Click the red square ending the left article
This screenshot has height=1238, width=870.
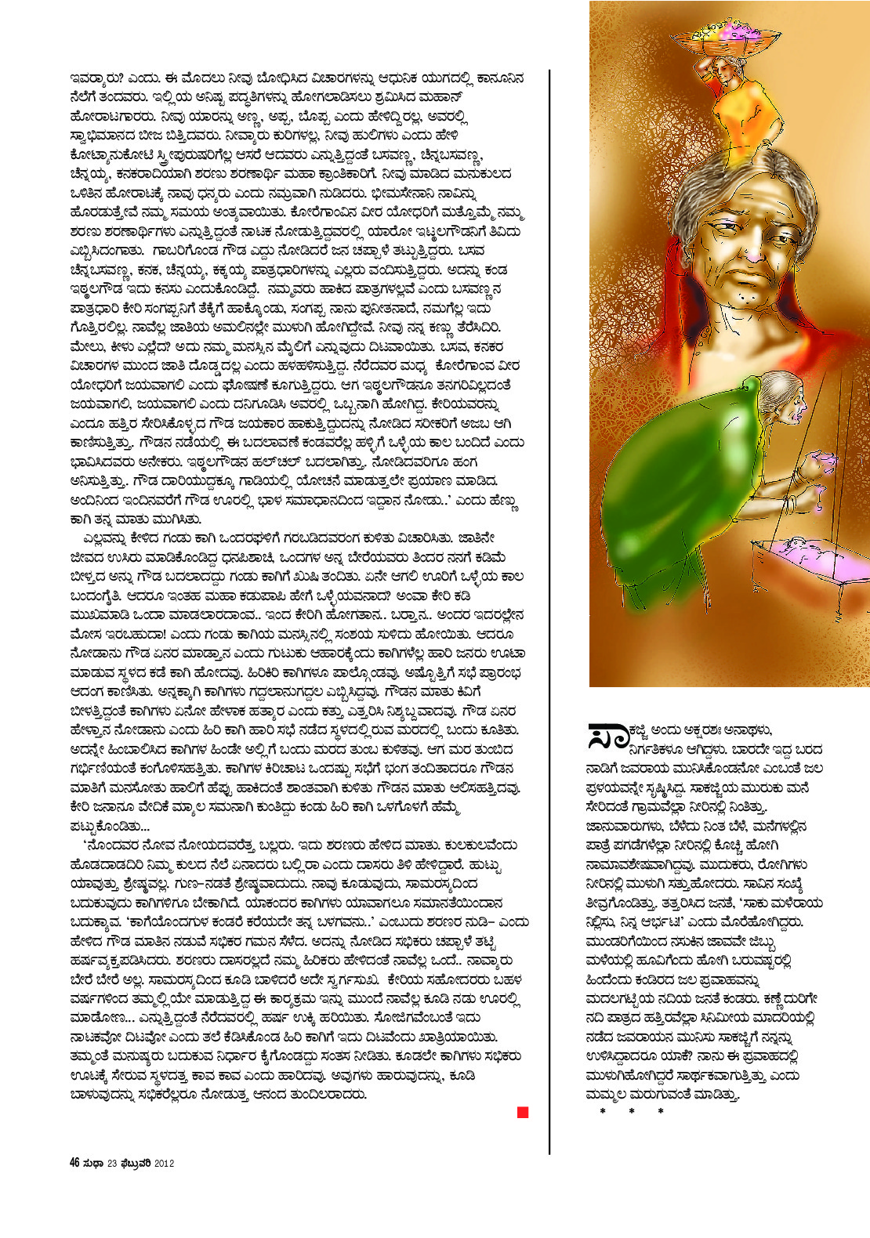523,1112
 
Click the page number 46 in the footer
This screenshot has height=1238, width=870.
75,1164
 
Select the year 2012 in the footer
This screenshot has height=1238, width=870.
164,1164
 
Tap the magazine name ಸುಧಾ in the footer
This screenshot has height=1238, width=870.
93,1164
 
